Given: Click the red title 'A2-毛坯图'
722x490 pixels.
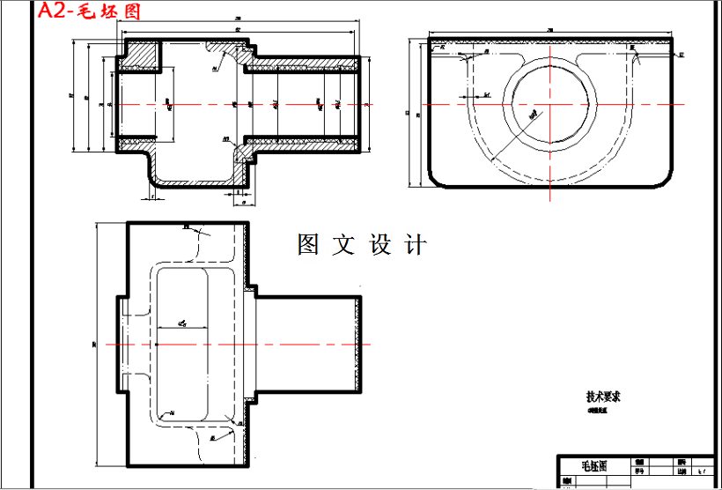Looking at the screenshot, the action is [x=89, y=11].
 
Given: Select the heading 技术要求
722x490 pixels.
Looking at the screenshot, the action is [x=604, y=397].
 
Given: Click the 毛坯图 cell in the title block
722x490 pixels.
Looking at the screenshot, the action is [x=594, y=466].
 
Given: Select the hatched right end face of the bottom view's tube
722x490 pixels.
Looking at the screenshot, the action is [x=357, y=343].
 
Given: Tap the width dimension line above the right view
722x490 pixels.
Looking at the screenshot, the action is [x=550, y=33].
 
